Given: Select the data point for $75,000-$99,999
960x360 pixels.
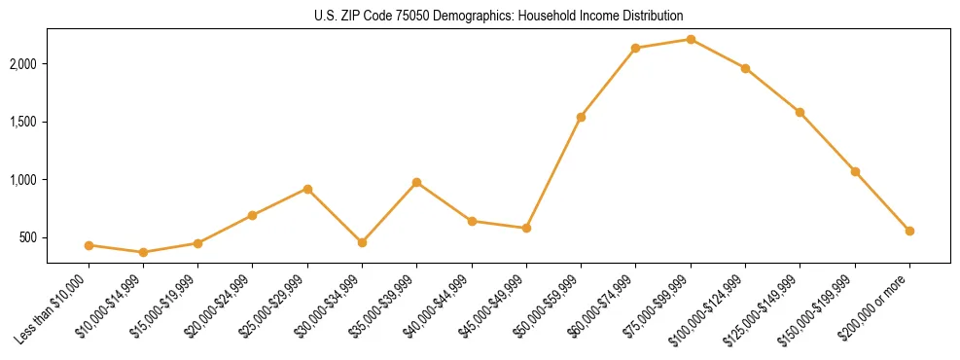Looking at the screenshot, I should click(691, 39).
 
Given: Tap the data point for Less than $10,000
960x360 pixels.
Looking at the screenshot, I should click(89, 245).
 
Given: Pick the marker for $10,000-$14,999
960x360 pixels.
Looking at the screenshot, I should click(143, 252).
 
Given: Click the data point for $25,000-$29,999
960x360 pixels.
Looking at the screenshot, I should click(307, 189).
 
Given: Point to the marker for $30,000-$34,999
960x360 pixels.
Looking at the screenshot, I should click(362, 242).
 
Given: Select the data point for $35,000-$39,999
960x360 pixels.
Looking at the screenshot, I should click(416, 182).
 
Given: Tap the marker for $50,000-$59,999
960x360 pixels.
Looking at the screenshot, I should click(581, 117).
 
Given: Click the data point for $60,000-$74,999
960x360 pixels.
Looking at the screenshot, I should click(635, 48).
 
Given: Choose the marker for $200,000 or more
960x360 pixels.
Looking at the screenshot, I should click(909, 231).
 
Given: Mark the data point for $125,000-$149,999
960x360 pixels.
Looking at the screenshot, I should click(800, 112).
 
